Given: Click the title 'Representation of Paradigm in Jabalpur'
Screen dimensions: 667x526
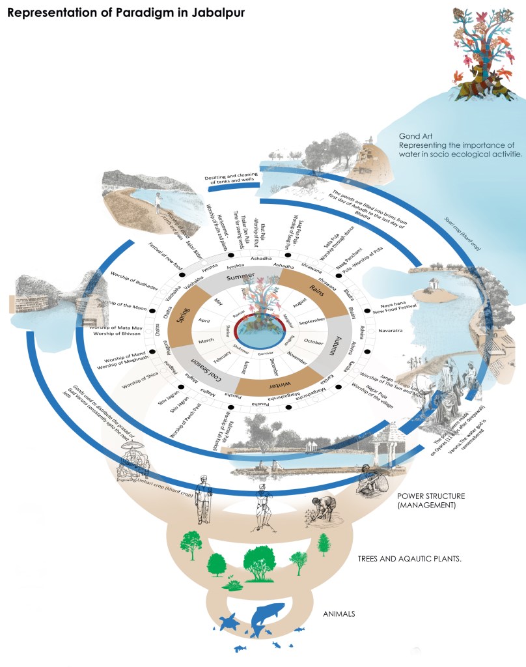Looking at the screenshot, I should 126,13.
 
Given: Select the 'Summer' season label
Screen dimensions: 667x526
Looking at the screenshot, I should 240,277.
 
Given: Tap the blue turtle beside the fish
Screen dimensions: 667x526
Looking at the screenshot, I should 230,623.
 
